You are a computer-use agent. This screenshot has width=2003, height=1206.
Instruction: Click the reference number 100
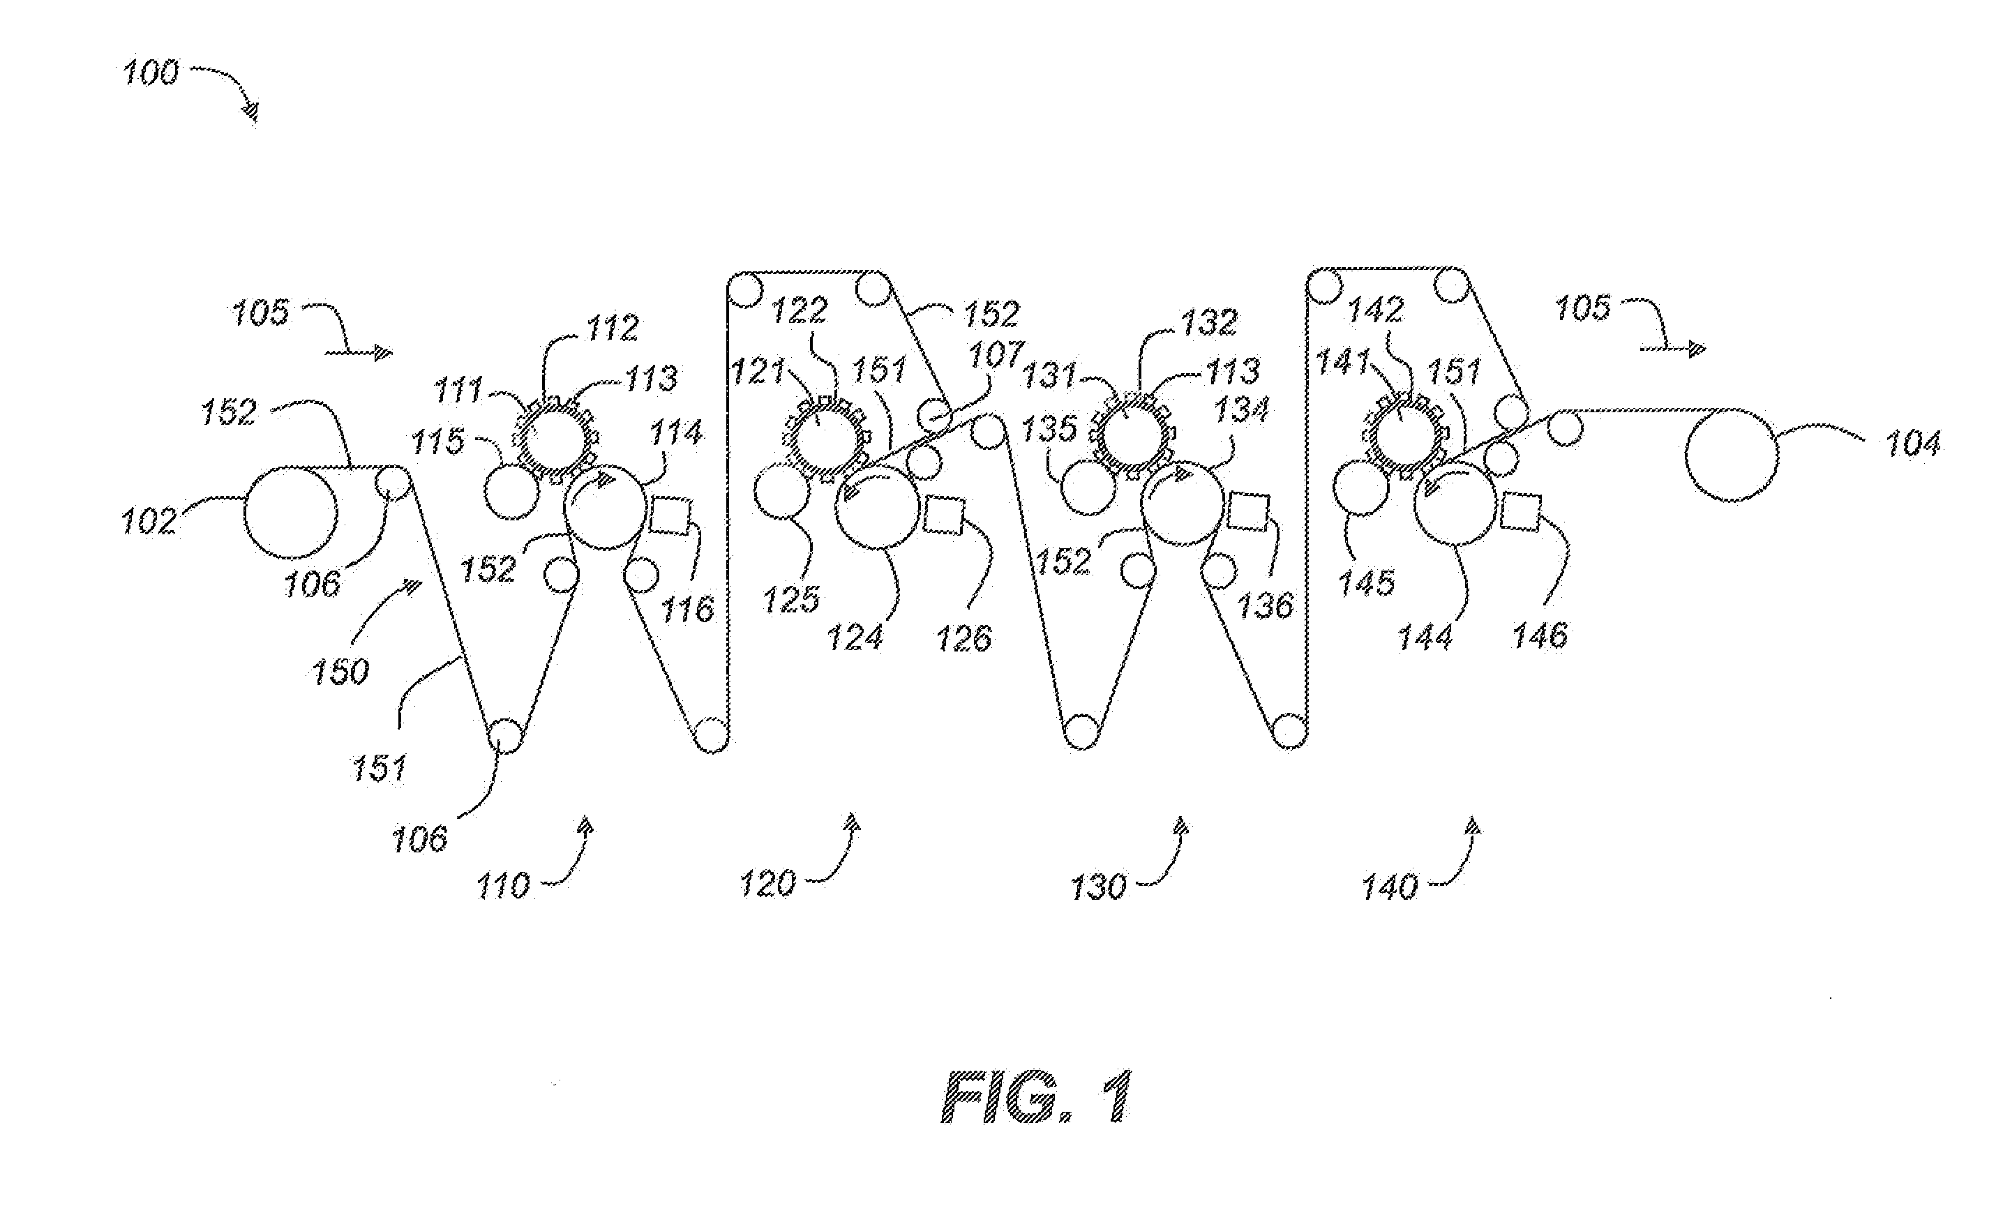[x=150, y=74]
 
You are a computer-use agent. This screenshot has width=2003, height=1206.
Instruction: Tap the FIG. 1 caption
[x=1036, y=1096]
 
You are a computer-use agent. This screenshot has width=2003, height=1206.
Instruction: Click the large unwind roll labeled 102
[x=290, y=513]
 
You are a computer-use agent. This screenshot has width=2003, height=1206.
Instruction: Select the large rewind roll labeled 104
[x=1732, y=454]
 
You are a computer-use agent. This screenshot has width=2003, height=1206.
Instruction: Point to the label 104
[x=1913, y=444]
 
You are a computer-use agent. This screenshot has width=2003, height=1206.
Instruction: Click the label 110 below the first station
[x=503, y=886]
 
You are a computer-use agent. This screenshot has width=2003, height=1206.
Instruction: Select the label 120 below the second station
[x=767, y=883]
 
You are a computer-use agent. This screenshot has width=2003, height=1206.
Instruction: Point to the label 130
[x=1099, y=887]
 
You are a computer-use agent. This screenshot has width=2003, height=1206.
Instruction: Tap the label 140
[x=1390, y=887]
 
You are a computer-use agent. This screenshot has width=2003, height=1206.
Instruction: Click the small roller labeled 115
[x=511, y=492]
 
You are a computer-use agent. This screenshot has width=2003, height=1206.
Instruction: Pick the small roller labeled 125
[x=781, y=491]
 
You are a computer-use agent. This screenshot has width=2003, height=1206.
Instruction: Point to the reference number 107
[x=996, y=355]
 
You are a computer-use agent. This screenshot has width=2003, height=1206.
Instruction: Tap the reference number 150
[x=340, y=671]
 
